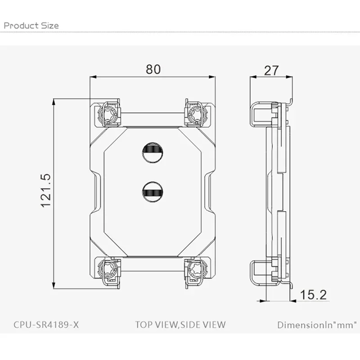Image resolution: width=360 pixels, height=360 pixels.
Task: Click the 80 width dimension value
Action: pos(153,69)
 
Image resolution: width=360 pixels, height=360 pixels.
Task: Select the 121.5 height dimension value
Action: pos(46,190)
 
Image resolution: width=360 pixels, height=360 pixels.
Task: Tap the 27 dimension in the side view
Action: pos(271,71)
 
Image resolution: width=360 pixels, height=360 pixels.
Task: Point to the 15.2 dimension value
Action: pos(313,295)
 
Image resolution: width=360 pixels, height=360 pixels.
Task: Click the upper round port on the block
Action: pos(153,153)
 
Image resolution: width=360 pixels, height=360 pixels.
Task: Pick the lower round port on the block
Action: pos(153,192)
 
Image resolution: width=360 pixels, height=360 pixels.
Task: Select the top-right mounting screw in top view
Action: pos(196,114)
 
